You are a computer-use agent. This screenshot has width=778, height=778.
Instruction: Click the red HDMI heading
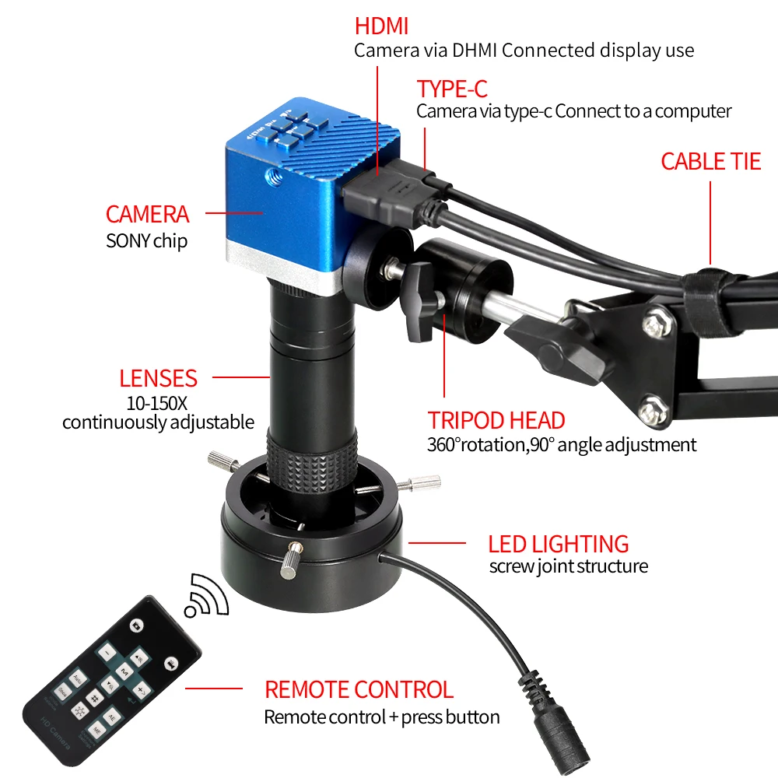(381, 25)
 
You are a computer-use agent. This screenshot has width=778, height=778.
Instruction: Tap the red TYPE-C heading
(452, 89)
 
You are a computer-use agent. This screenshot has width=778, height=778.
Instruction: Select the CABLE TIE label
(710, 161)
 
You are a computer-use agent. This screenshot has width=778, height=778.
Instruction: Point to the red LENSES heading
(158, 379)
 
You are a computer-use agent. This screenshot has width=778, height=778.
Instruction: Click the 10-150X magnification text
(158, 403)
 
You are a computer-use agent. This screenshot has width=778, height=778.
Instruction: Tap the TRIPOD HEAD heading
(496, 421)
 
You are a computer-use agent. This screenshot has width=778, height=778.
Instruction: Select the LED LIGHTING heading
(558, 544)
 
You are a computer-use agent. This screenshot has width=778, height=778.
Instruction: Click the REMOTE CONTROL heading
(359, 689)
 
